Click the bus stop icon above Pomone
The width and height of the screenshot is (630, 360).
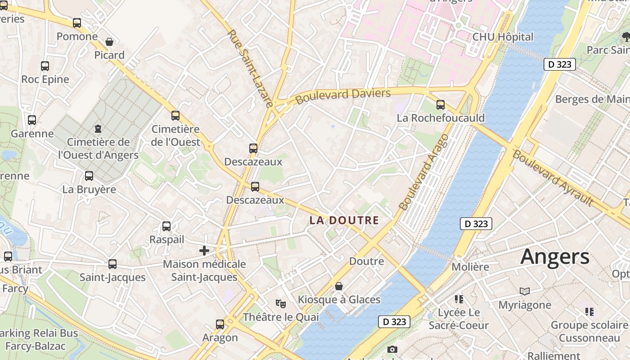(x=77, y=22)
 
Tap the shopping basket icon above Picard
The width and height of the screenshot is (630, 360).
(x=109, y=42)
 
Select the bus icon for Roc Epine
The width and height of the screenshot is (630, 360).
(x=45, y=66)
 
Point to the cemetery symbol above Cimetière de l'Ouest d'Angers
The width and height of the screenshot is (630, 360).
(x=98, y=129)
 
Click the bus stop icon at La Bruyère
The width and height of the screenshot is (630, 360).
(x=89, y=176)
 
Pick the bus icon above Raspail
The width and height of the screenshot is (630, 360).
(x=166, y=226)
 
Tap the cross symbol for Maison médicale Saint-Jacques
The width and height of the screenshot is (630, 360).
(x=204, y=251)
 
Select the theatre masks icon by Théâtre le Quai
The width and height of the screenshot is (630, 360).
(x=281, y=304)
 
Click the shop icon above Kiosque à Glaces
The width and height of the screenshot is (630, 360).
(x=339, y=286)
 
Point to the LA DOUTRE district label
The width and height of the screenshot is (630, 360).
(x=344, y=220)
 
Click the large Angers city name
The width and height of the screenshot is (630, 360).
(x=555, y=257)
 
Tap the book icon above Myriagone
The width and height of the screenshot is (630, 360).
(x=525, y=292)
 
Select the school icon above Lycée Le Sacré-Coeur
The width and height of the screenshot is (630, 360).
(x=459, y=299)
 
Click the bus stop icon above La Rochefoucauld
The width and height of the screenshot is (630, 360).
(x=441, y=105)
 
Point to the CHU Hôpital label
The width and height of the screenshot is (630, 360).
(x=503, y=37)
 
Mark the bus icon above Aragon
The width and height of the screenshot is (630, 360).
(x=220, y=324)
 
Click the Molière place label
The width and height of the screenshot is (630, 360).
(x=470, y=267)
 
